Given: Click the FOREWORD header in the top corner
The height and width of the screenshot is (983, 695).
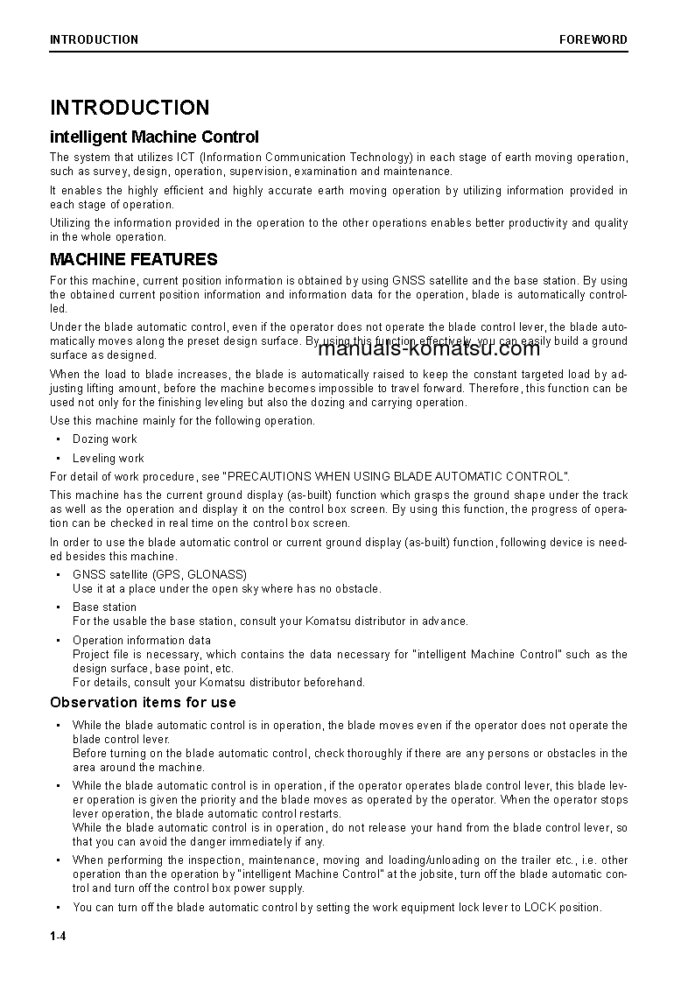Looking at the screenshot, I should point(593,39).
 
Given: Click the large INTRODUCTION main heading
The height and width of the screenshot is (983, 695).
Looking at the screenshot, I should point(130,108).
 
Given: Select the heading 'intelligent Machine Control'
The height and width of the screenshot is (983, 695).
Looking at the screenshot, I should point(154,137).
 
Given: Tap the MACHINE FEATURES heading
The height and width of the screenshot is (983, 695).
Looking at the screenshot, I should point(133,259).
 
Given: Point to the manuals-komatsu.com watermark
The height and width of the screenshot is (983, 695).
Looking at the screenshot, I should point(429,348).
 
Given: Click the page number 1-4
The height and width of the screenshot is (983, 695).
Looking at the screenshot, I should point(59,937).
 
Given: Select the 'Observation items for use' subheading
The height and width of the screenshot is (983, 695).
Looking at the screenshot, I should point(143,702).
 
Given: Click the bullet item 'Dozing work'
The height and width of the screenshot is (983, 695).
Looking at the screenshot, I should point(105,439).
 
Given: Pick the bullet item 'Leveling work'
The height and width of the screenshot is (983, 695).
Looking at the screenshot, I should point(109,458).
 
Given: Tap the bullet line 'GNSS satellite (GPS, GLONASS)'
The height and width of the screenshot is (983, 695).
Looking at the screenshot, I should point(147,574).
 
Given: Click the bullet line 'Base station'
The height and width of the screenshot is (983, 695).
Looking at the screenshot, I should point(104,607).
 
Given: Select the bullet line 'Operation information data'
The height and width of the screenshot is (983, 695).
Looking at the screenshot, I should point(141,640).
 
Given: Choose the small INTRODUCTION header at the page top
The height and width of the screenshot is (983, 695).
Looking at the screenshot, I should point(94,39).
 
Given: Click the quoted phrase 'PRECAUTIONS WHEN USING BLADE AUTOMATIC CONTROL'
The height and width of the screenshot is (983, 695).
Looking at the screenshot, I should point(397,476).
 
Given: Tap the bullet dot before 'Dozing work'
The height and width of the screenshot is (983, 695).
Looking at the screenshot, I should point(58,439).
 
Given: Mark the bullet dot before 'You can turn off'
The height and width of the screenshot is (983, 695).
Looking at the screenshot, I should point(58,907).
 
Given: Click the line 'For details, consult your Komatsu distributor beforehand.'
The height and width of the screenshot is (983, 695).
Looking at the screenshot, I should point(218,682).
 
